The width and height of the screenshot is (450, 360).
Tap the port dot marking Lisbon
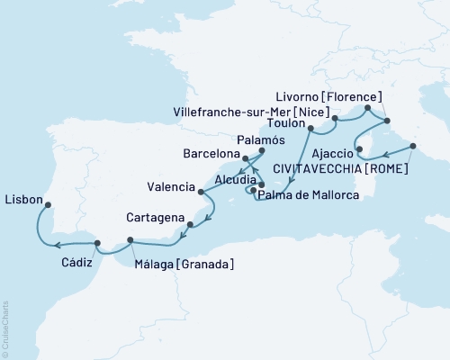[x=48, y=203]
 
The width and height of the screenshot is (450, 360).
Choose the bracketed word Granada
[x=208, y=264]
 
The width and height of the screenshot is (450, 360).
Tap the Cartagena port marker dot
[x=190, y=223]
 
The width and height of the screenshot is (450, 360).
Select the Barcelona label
[x=208, y=153]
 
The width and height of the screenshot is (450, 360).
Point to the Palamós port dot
[x=261, y=151]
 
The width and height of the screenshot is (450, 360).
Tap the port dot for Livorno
[x=367, y=109]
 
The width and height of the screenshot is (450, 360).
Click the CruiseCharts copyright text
[x=5, y=329]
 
